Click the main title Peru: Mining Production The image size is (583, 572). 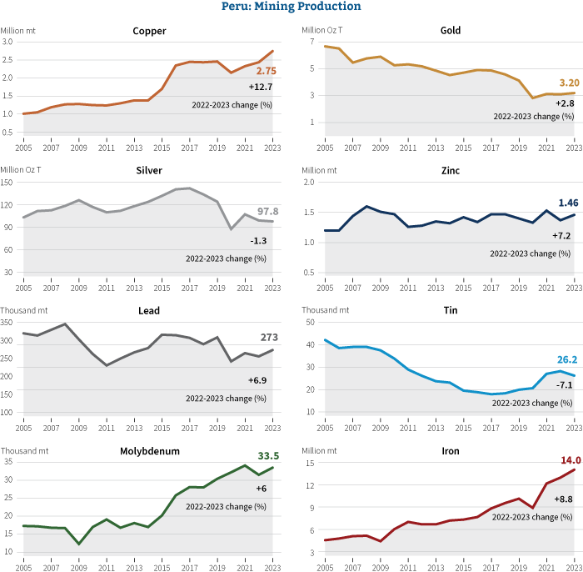pos(291,7)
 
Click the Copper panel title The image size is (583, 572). pos(149,32)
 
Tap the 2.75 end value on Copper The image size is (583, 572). pos(266,72)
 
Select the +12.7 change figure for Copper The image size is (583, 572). pos(260,87)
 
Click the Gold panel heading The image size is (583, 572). pos(451,32)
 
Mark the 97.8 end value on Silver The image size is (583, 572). pos(267,211)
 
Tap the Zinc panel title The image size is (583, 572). pos(451,171)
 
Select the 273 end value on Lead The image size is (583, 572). pos(268,338)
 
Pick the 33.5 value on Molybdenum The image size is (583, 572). pos(267,455)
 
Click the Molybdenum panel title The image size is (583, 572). pos(149,451)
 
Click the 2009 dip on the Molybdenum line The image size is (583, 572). pos(78,544)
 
